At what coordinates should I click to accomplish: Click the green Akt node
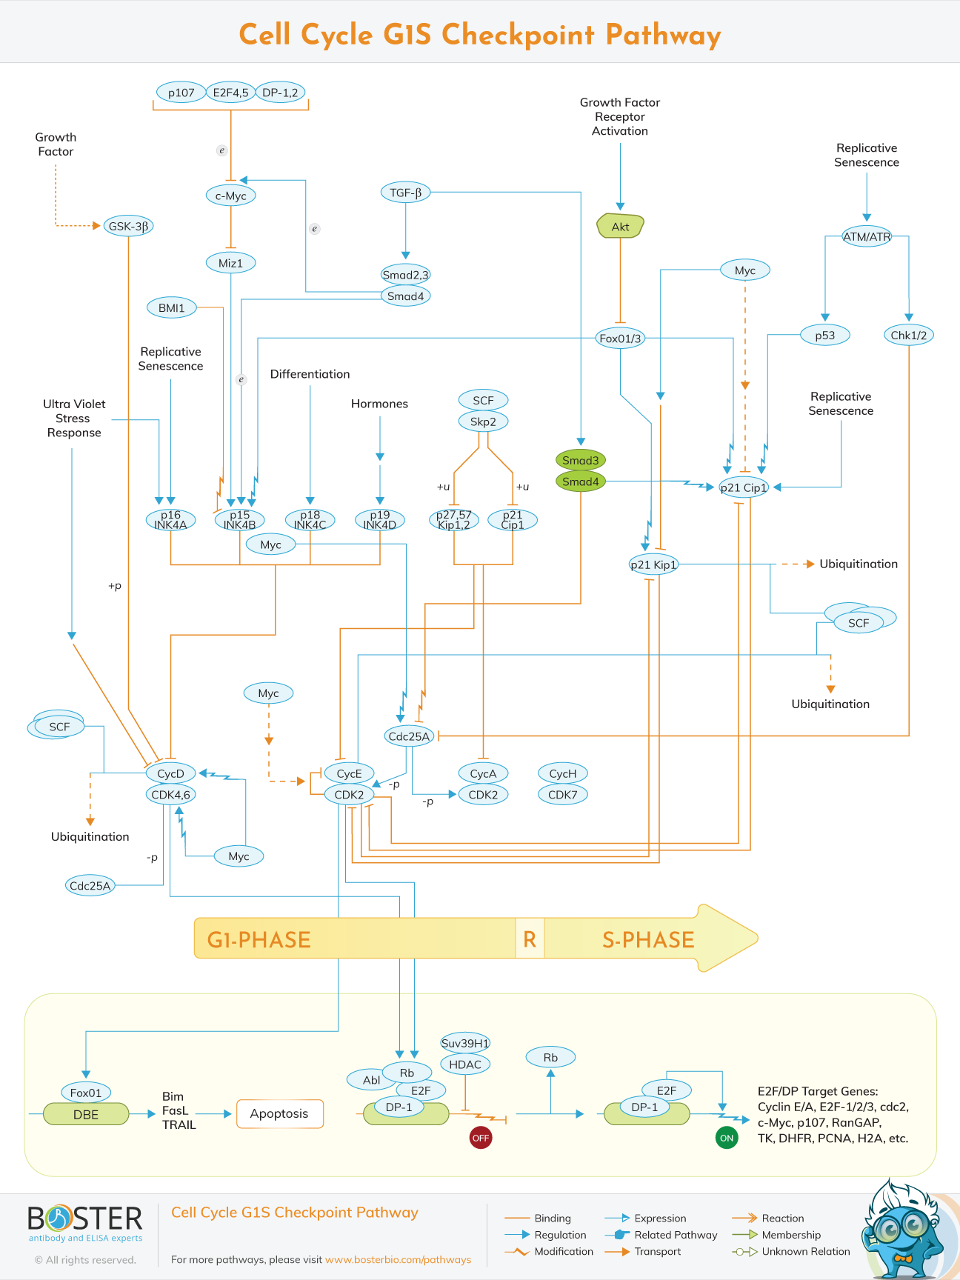point(620,227)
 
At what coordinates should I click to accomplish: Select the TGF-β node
point(405,193)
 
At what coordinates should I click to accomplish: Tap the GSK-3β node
point(128,226)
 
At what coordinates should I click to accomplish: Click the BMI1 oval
point(171,307)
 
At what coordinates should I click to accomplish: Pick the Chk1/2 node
point(908,335)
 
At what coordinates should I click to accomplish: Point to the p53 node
point(824,335)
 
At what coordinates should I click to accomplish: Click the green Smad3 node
point(580,460)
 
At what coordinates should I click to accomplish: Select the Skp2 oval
point(483,421)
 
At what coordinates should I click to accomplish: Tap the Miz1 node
point(230,263)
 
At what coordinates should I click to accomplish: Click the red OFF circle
point(481,1138)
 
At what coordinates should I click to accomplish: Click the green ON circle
point(727,1138)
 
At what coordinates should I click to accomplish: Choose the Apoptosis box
point(279,1113)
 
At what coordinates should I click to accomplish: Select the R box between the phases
point(530,939)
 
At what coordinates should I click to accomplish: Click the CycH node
point(562,773)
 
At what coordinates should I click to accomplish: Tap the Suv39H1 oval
point(465,1043)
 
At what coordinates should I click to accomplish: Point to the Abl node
point(371,1080)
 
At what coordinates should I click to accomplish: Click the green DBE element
point(86,1114)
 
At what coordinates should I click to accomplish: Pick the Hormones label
point(379,404)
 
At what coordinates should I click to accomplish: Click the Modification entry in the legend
point(563,1251)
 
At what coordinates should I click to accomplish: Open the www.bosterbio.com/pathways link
point(398,1259)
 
